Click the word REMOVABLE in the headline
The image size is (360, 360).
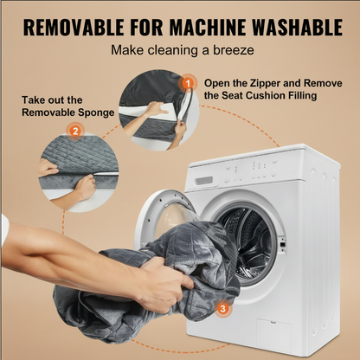(74, 28)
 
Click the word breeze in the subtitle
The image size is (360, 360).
(234, 50)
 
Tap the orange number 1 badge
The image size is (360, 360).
(188, 84)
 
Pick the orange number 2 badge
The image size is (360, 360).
(75, 132)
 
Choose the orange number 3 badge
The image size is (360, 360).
(222, 309)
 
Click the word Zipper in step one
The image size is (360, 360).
(265, 83)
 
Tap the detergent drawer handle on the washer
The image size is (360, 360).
(203, 181)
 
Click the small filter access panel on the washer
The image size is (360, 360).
(273, 336)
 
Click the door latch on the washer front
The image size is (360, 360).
(282, 244)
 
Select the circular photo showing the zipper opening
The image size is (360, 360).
(159, 110)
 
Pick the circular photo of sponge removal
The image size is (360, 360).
(79, 172)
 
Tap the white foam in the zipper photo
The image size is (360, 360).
(156, 111)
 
